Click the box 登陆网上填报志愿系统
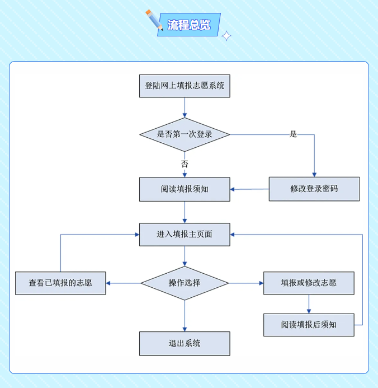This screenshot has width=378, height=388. (x=185, y=86)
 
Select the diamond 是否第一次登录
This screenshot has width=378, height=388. (x=185, y=134)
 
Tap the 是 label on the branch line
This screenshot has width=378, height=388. (x=293, y=134)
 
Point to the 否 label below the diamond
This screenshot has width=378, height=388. (x=185, y=164)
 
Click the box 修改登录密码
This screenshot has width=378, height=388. (x=314, y=189)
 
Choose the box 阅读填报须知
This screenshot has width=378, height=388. (x=185, y=189)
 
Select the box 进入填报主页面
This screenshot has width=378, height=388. (x=185, y=234)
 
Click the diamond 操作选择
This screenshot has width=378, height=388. (x=185, y=283)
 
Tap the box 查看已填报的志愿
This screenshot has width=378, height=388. (x=60, y=283)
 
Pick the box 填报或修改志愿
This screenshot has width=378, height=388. (x=309, y=283)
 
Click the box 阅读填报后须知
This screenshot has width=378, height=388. (x=309, y=325)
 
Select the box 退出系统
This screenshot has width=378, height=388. (x=185, y=343)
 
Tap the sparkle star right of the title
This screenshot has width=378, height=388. (x=226, y=36)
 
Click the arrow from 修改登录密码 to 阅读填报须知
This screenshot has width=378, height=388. (x=249, y=189)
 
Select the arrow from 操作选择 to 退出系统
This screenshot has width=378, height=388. (x=185, y=316)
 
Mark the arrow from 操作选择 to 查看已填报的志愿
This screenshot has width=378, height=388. (x=123, y=283)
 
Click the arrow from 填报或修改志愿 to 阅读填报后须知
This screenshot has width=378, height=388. (x=309, y=304)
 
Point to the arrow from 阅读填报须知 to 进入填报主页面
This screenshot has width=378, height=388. (x=185, y=212)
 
